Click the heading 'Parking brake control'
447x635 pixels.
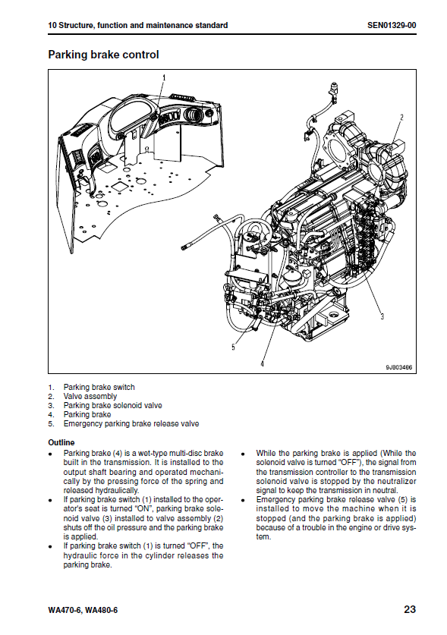tap(103, 55)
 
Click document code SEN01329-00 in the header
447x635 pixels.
tap(392, 26)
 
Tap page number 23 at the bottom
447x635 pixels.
tap(410, 609)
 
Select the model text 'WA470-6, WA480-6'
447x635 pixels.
tap(83, 610)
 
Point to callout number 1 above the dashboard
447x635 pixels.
tap(164, 77)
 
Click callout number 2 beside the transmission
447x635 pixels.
tap(401, 118)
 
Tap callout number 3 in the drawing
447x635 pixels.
tap(382, 316)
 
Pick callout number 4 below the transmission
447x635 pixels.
tap(262, 363)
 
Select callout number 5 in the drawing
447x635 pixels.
tap(233, 347)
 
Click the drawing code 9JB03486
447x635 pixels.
tap(398, 367)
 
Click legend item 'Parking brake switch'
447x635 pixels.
tap(99, 387)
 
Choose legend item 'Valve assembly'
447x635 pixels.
tap(90, 397)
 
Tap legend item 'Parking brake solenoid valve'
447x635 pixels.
tap(112, 405)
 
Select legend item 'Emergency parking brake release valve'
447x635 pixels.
tap(131, 423)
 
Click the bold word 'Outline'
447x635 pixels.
tap(61, 442)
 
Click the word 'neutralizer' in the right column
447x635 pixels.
tap(396, 481)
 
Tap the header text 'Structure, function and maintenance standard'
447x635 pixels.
tap(143, 26)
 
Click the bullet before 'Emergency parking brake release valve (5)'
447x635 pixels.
tap(242, 501)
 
